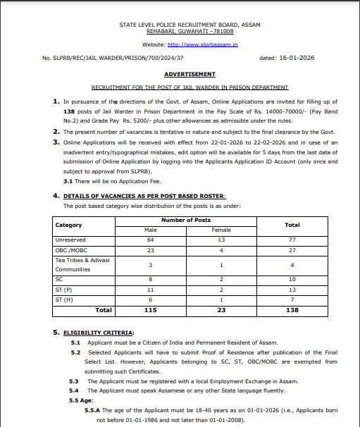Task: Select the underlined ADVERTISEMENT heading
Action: point(190,74)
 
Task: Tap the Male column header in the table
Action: point(150,230)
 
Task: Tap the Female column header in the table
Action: point(221,230)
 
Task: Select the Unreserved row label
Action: point(71,240)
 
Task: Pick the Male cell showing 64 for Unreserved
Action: point(150,240)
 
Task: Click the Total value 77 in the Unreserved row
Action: point(292,240)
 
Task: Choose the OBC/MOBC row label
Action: point(70,249)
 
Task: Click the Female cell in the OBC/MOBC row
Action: point(221,249)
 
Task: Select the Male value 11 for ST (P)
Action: point(150,290)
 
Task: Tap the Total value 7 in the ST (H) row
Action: point(292,299)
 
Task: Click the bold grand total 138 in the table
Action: point(292,310)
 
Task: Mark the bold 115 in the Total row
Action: point(150,310)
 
